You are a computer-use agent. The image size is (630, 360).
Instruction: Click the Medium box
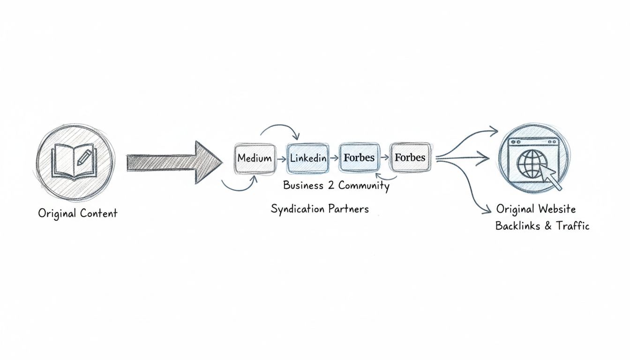[255, 158]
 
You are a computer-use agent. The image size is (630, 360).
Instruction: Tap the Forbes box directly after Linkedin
[359, 157]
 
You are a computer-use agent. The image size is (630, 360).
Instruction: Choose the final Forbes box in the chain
[410, 157]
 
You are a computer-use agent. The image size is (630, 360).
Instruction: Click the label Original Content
[77, 213]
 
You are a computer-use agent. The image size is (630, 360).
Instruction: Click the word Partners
[348, 209]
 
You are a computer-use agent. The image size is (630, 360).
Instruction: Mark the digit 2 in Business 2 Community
[331, 186]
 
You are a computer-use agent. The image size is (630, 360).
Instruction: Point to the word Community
[364, 186]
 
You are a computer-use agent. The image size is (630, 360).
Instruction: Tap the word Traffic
[572, 226]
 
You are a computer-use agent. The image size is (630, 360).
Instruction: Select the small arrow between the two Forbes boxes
[384, 158]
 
